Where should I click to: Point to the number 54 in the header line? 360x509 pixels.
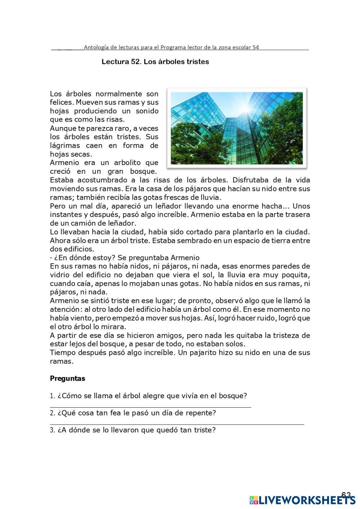click(x=255, y=47)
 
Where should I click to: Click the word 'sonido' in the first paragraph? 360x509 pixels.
click(x=147, y=111)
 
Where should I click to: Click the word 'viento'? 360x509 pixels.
click(x=81, y=318)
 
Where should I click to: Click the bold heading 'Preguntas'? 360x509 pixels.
click(x=67, y=378)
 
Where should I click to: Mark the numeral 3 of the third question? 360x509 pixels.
click(x=52, y=430)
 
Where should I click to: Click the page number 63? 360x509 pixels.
click(x=346, y=495)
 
